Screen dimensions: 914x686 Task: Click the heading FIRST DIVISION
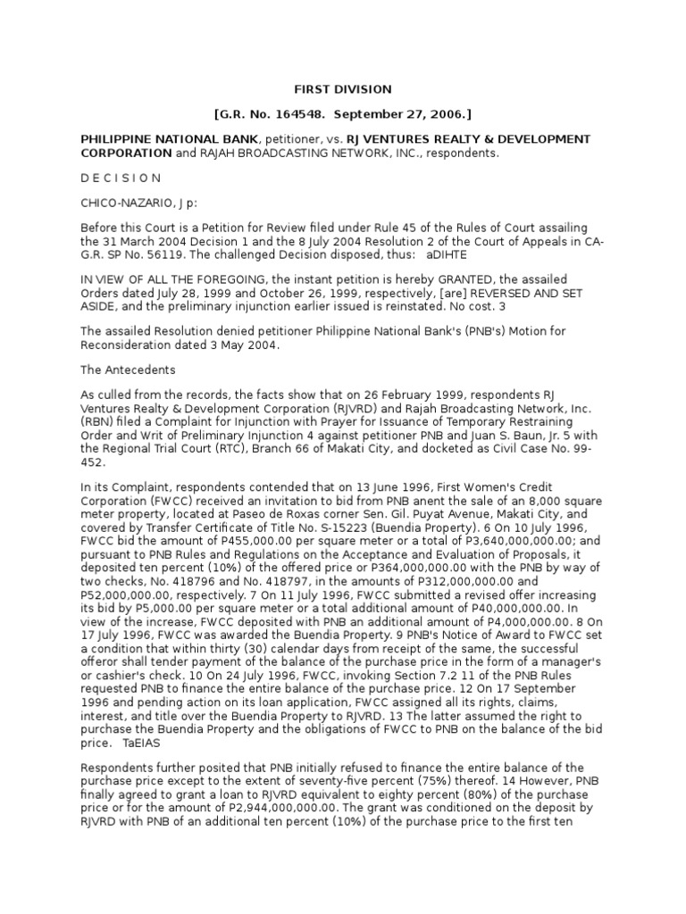point(343,89)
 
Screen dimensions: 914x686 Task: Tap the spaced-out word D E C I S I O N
point(121,178)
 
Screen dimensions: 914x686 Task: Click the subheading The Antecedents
point(129,369)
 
